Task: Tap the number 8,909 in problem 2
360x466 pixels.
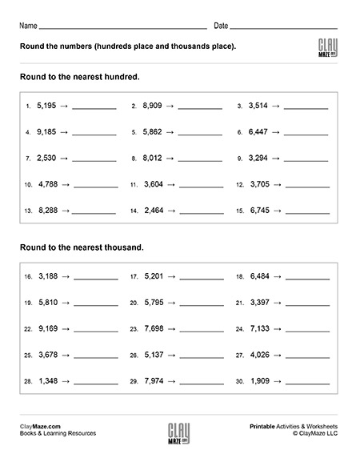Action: (152, 106)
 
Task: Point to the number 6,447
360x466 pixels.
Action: (258, 132)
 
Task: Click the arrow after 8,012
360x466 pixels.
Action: (171, 159)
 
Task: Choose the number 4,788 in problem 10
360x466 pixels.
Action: (47, 184)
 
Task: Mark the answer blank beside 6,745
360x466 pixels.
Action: (307, 213)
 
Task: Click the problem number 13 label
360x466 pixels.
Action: (28, 211)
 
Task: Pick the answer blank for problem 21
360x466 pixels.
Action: (307, 305)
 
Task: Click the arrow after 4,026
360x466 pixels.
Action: (277, 355)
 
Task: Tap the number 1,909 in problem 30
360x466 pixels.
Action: (258, 381)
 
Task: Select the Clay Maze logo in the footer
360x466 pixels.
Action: (179, 436)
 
